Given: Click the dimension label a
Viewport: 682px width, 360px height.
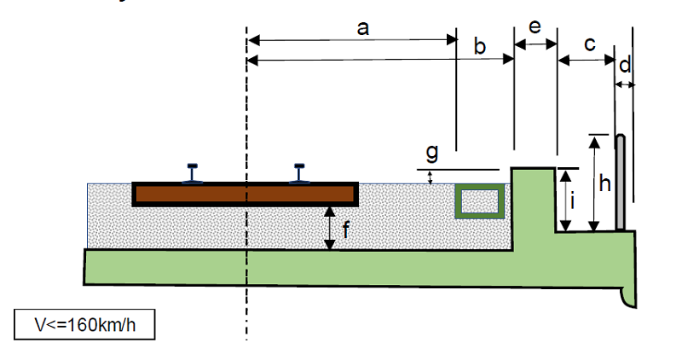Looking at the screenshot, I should [363, 28].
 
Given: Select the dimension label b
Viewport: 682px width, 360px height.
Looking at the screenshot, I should [480, 47].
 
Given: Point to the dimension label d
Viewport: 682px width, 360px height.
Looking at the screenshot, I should [625, 65].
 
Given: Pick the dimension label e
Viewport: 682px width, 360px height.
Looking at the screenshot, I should [535, 26].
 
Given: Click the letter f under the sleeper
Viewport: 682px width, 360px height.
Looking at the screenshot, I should [345, 228].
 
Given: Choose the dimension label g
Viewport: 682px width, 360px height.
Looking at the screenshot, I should [431, 153].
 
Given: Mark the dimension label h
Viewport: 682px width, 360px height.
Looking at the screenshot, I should [604, 183].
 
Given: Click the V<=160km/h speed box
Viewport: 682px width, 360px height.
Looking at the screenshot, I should [85, 325].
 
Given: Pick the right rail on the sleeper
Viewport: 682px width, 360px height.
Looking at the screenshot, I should [300, 173].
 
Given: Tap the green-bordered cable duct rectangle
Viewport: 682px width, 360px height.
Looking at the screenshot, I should [477, 201].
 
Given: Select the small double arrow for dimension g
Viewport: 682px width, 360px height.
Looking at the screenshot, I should [431, 177].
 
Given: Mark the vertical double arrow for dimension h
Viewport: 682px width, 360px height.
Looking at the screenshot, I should [595, 183].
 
